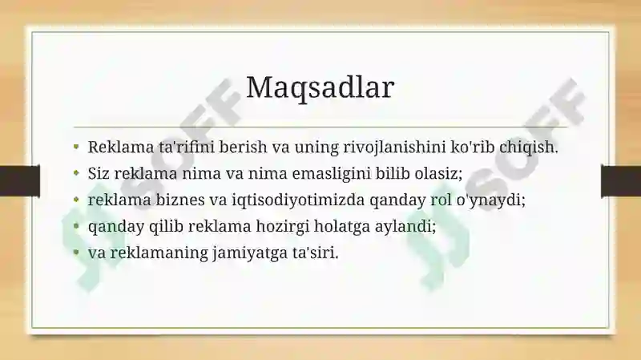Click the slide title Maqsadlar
pyautogui.click(x=320, y=88)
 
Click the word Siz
pyautogui.click(x=99, y=173)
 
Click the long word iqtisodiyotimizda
pyautogui.click(x=298, y=200)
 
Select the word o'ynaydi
pyautogui.click(x=495, y=200)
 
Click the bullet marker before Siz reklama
pyautogui.click(x=76, y=173)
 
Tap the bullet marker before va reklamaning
pyautogui.click(x=76, y=253)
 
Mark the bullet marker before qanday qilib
pyautogui.click(x=76, y=226)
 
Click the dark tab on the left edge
pyautogui.click(x=19, y=181)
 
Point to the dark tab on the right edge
pyautogui.click(x=621, y=181)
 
